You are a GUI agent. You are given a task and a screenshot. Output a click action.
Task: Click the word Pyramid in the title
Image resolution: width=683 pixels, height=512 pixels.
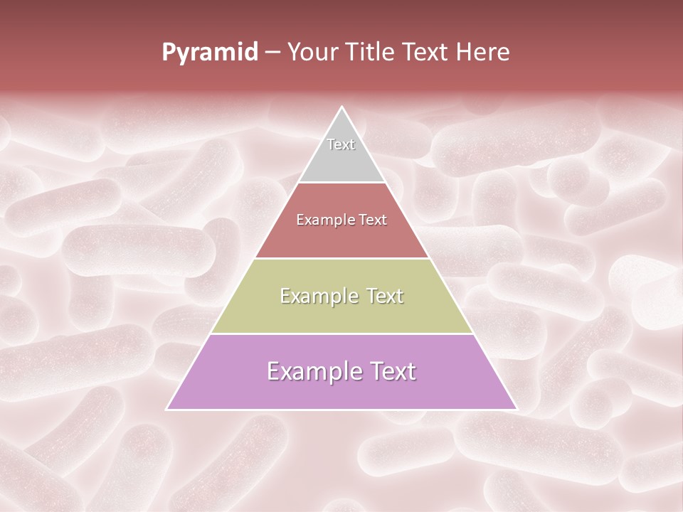click(209, 53)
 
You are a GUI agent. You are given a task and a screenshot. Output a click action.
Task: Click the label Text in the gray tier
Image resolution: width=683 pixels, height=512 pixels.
click(341, 144)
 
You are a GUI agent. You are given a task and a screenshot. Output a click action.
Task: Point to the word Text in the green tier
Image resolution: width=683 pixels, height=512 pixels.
click(381, 296)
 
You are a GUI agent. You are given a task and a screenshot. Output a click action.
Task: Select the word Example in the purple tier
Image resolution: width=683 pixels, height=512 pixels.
click(312, 371)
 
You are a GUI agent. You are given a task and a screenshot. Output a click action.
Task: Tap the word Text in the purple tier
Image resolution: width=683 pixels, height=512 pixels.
click(390, 371)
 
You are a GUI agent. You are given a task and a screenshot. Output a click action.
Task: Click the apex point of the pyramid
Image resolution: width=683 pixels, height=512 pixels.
click(341, 108)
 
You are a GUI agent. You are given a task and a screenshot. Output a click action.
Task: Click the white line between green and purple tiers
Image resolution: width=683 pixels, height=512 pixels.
click(341, 334)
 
